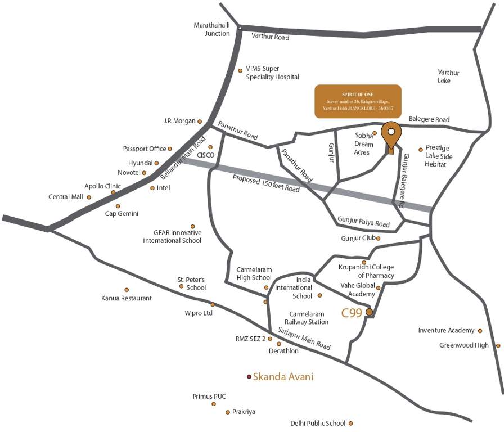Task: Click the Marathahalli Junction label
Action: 211,30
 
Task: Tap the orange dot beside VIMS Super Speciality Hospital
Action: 241,70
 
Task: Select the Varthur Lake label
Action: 448,76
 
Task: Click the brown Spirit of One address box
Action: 358,101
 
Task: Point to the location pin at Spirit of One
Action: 391,134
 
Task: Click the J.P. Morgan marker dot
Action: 200,121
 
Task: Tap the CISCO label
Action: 206,155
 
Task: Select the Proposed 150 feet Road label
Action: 267,183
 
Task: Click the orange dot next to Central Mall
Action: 89,197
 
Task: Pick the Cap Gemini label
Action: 122,214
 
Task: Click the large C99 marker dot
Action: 369,312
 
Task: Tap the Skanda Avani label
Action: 283,377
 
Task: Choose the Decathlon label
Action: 283,351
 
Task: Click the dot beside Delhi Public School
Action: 351,424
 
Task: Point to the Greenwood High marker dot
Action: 498,345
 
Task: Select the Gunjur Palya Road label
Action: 363,222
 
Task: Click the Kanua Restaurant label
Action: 127,298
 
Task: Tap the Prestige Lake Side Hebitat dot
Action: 421,150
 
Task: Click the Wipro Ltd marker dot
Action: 213,304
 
